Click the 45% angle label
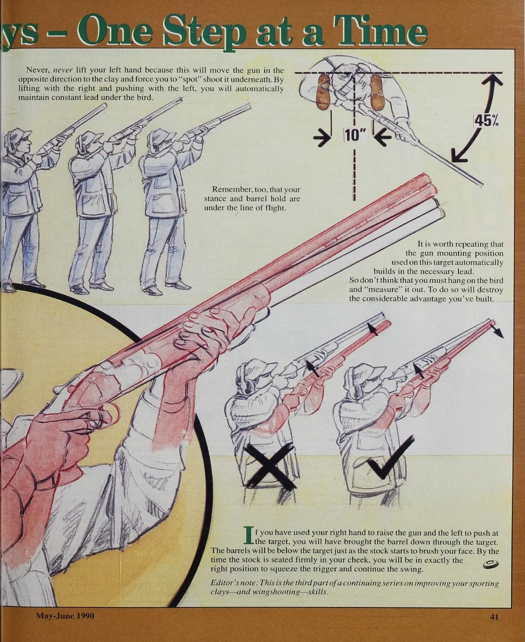(x=486, y=121)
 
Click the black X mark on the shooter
(x=270, y=466)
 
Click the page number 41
(x=494, y=617)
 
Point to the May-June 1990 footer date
(x=65, y=616)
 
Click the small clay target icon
(x=490, y=565)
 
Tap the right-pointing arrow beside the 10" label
(x=322, y=138)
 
